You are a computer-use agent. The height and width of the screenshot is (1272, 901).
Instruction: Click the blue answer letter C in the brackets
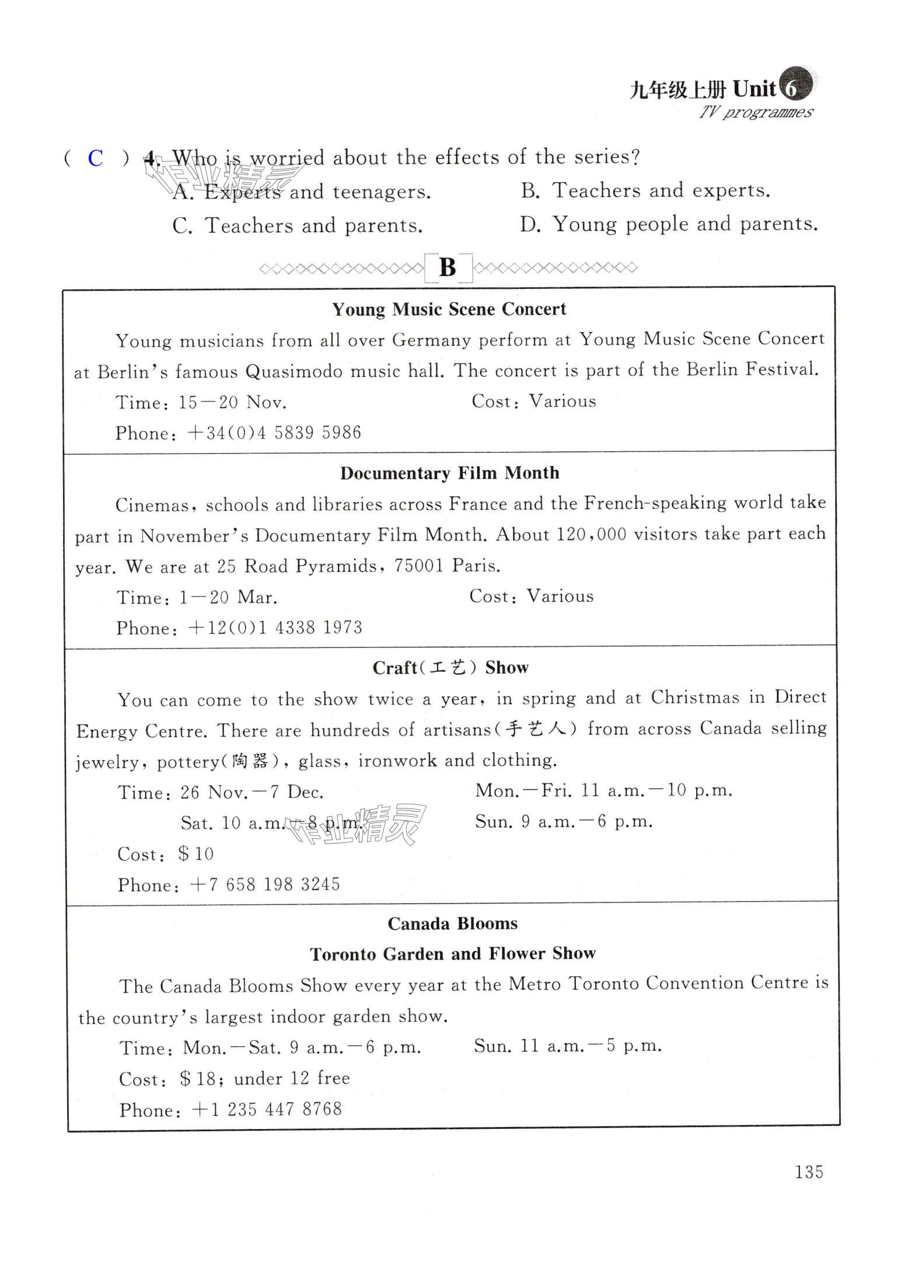tap(95, 158)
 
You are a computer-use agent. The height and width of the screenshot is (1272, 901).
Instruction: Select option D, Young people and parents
tap(669, 224)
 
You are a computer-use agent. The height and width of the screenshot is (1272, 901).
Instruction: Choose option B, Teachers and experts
tap(645, 191)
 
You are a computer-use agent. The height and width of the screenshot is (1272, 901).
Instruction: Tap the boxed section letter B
tap(448, 268)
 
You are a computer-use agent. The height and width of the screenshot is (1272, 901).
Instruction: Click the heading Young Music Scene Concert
tap(449, 309)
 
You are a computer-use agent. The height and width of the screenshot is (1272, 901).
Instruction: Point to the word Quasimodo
tap(294, 372)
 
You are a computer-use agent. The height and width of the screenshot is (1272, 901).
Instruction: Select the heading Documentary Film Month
tap(449, 473)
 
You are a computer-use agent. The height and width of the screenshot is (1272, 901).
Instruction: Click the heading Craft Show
tap(450, 668)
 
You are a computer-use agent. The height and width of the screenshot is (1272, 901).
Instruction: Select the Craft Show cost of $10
tap(196, 854)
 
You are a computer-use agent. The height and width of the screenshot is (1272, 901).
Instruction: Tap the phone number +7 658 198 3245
tap(265, 885)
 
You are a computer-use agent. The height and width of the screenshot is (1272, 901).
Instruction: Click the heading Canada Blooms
tap(452, 923)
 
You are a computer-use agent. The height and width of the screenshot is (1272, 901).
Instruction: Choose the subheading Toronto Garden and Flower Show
tap(452, 954)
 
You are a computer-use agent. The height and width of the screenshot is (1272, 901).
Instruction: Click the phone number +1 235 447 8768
tap(267, 1110)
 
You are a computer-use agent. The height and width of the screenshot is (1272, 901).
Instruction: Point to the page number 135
tap(808, 1172)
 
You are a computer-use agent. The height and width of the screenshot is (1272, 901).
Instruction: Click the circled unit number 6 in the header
tap(792, 88)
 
